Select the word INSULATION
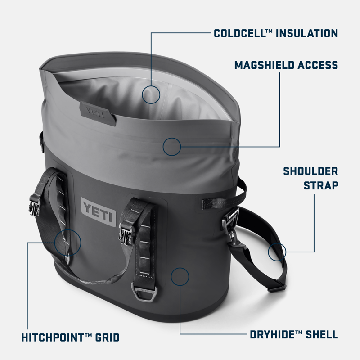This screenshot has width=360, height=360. coord(306,33)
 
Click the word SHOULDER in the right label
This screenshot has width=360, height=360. coord(310,171)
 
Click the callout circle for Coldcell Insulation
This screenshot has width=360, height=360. coord(151,94)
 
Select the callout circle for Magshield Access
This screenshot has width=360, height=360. coord(172,147)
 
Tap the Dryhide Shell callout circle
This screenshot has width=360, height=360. coord(180,276)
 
